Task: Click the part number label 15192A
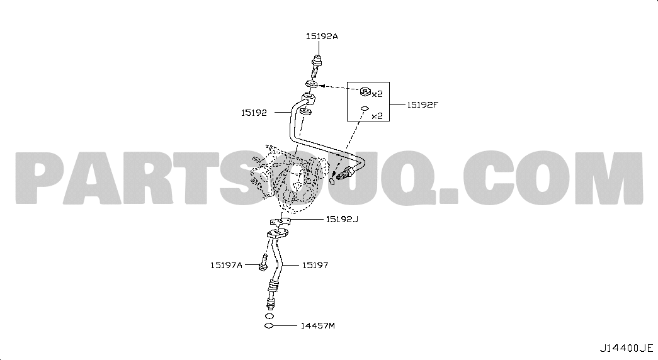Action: [322, 37]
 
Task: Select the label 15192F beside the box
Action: [422, 105]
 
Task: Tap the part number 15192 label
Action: [254, 113]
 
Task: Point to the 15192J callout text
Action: [342, 219]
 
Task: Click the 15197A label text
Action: [227, 265]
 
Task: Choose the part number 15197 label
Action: [315, 265]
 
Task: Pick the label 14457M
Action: [318, 325]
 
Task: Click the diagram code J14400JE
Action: [626, 348]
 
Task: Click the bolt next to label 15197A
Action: [264, 262]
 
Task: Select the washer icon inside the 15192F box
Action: [365, 91]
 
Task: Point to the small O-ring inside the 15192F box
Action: [365, 109]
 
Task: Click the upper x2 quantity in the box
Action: [377, 94]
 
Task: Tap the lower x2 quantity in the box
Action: [377, 116]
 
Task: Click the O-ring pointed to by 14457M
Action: [269, 326]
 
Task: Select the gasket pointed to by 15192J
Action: [280, 221]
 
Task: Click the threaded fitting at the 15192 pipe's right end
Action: [344, 173]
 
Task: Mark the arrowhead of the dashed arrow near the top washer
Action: [322, 85]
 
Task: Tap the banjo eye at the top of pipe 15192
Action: [309, 100]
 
